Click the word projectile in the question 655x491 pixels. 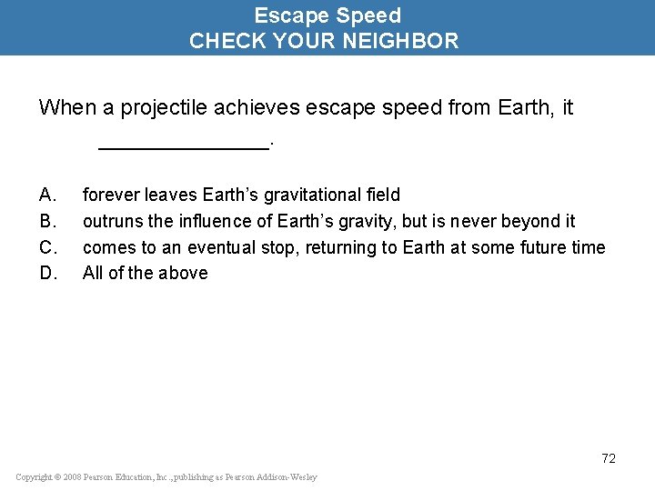(x=156, y=108)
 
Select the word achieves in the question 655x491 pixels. (x=252, y=108)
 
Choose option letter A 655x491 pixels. (x=48, y=195)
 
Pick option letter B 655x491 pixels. (x=48, y=221)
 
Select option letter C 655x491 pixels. (x=48, y=247)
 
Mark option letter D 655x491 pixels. (x=48, y=273)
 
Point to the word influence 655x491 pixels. (x=214, y=221)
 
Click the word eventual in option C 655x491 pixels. (x=219, y=247)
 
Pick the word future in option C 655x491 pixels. (x=536, y=247)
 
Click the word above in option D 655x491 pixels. (x=184, y=273)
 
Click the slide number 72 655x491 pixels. (x=608, y=458)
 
